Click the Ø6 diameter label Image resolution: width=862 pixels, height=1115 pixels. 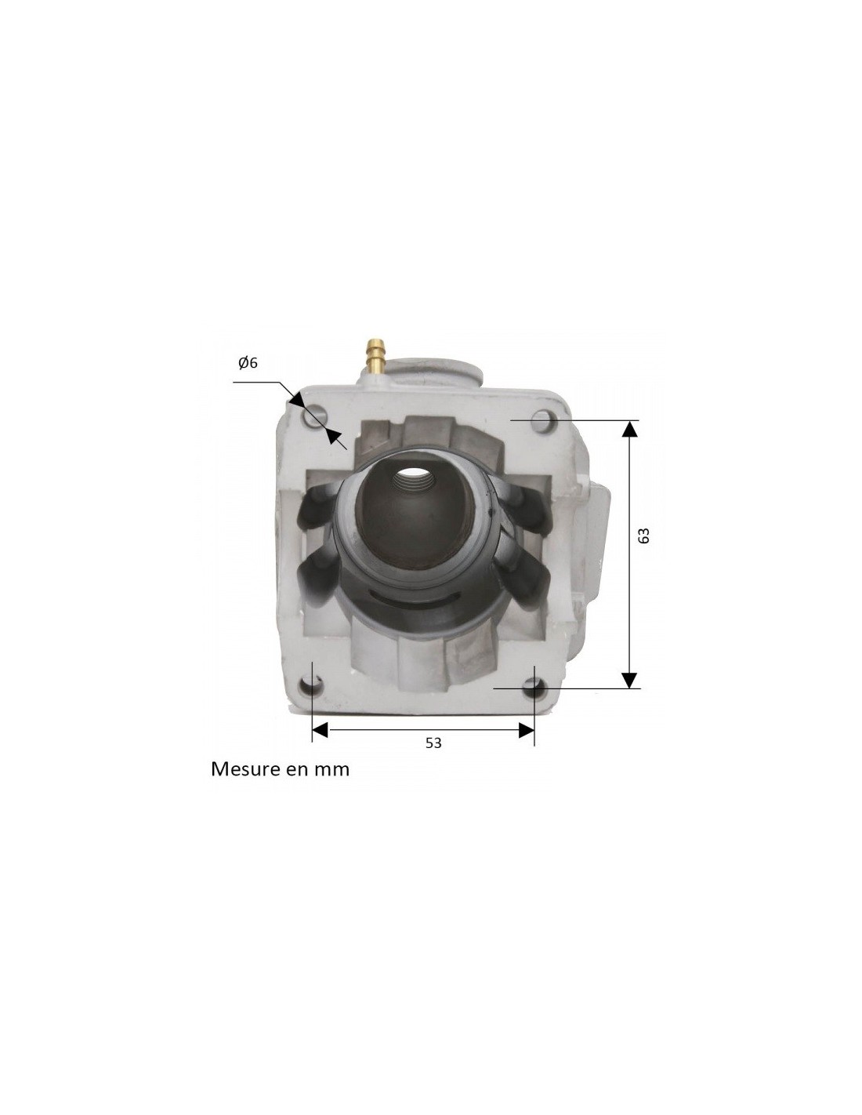(x=248, y=363)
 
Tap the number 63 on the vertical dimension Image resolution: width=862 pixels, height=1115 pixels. (x=643, y=536)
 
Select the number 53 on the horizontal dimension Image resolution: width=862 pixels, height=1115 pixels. (x=433, y=743)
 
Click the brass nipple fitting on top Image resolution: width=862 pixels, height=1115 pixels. (x=373, y=355)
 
